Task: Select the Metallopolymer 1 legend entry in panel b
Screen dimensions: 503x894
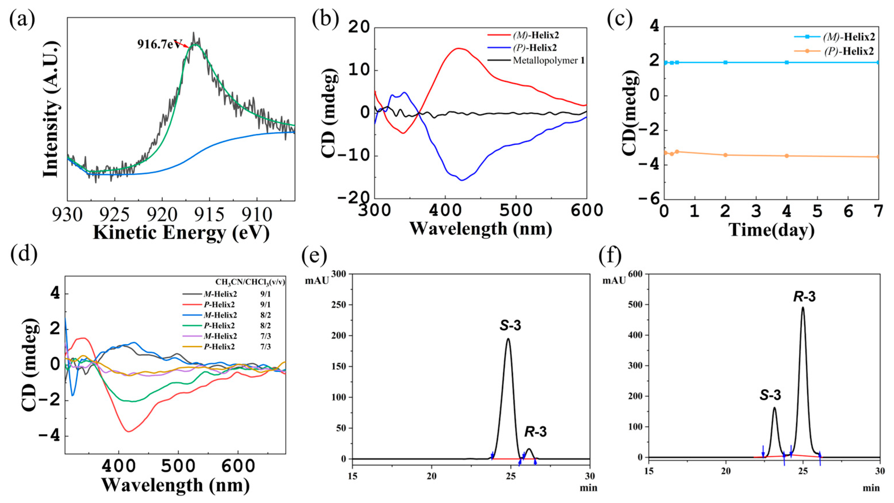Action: (x=549, y=60)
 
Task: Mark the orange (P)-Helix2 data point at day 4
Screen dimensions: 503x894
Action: (x=787, y=156)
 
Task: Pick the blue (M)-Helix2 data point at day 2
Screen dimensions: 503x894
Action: (x=725, y=62)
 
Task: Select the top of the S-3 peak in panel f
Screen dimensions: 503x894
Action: (x=774, y=408)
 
